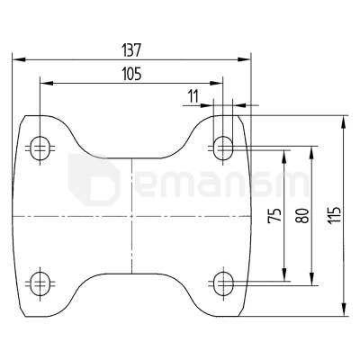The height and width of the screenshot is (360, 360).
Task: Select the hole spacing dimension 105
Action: click(x=131, y=75)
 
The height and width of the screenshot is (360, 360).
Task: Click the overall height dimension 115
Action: click(x=335, y=216)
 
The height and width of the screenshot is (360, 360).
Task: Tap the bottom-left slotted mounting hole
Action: click(x=40, y=283)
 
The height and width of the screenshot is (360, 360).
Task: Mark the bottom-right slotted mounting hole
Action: click(x=222, y=283)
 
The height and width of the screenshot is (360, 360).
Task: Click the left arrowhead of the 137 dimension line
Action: click(x=18, y=58)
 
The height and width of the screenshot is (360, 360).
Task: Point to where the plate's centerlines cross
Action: click(x=131, y=216)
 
